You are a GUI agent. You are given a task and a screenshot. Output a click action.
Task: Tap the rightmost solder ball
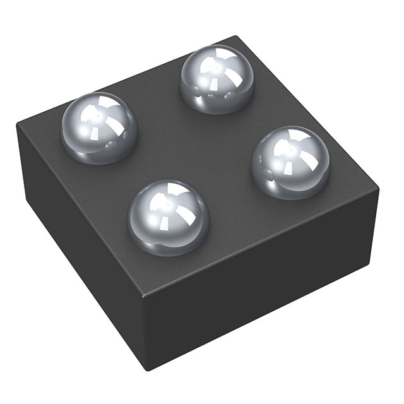(290, 162)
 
